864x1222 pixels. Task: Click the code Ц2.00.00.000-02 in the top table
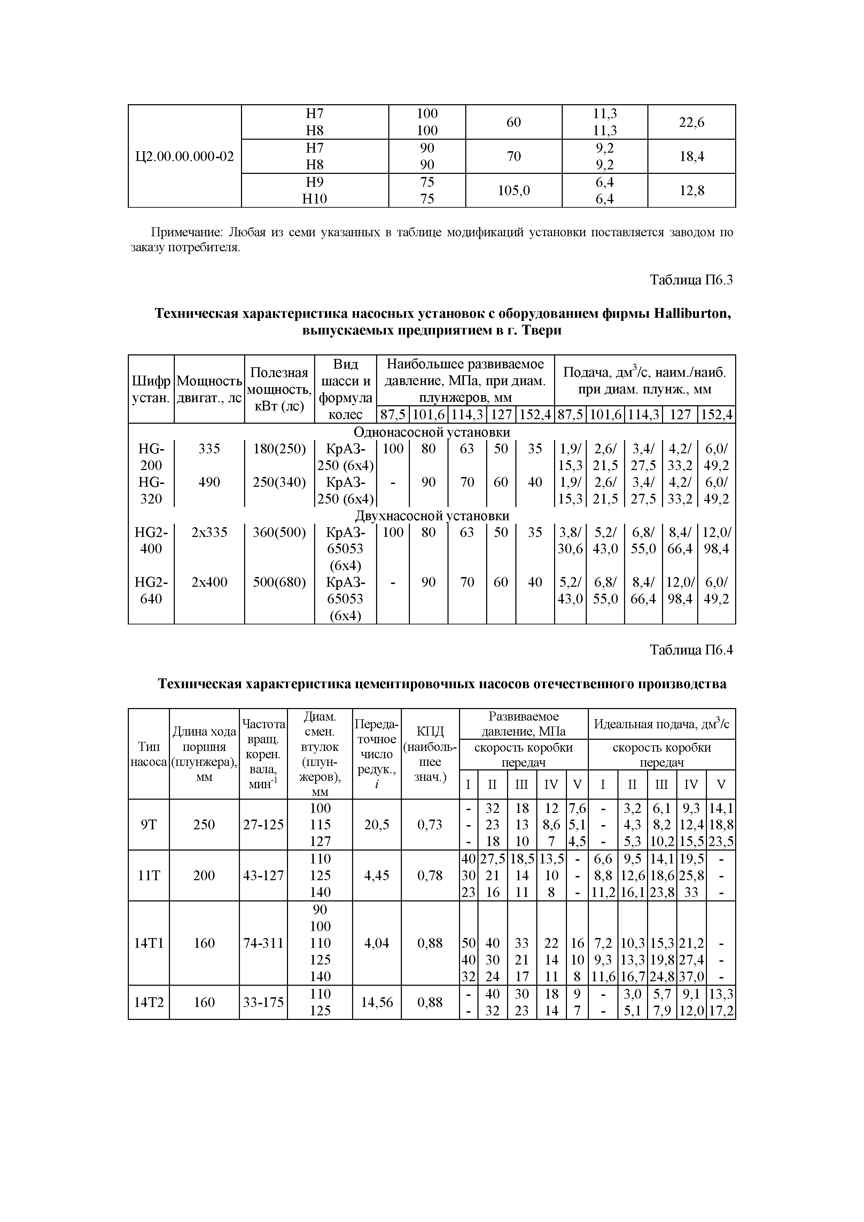[184, 156]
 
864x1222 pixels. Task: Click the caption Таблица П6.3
[691, 280]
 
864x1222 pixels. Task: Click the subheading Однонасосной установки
[431, 432]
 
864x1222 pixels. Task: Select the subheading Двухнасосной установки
[431, 516]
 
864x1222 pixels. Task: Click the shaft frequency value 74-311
[263, 943]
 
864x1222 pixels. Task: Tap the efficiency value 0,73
[430, 824]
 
